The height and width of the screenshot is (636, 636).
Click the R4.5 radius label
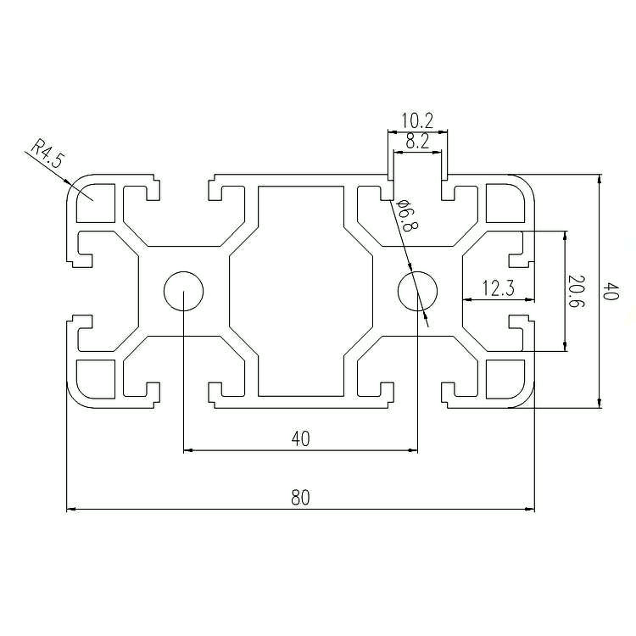coord(47,153)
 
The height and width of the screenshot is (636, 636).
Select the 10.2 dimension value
coord(417,120)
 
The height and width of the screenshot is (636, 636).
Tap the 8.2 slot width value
coord(417,142)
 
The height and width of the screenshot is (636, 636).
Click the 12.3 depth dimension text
coord(499,288)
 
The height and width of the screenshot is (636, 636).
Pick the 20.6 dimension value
coord(576,291)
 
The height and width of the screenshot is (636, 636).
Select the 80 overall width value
coord(300,497)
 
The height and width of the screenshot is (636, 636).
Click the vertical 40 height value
coord(611,291)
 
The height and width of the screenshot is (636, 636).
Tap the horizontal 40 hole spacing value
coord(300,438)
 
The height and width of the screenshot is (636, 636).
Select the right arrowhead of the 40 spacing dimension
coord(412,449)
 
